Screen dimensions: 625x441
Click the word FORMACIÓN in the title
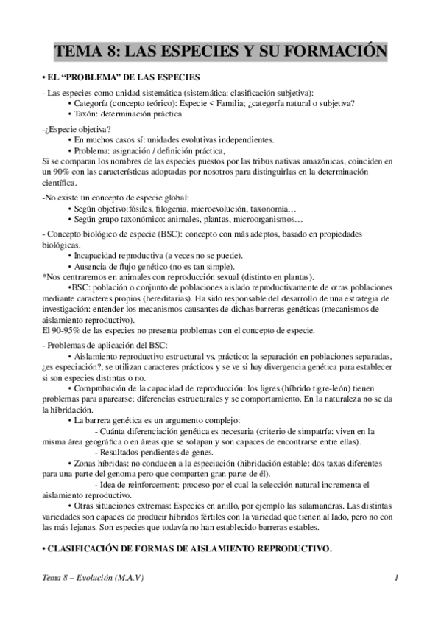(334, 52)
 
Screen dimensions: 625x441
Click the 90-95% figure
(60, 330)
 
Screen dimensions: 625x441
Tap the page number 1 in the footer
(396, 578)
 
